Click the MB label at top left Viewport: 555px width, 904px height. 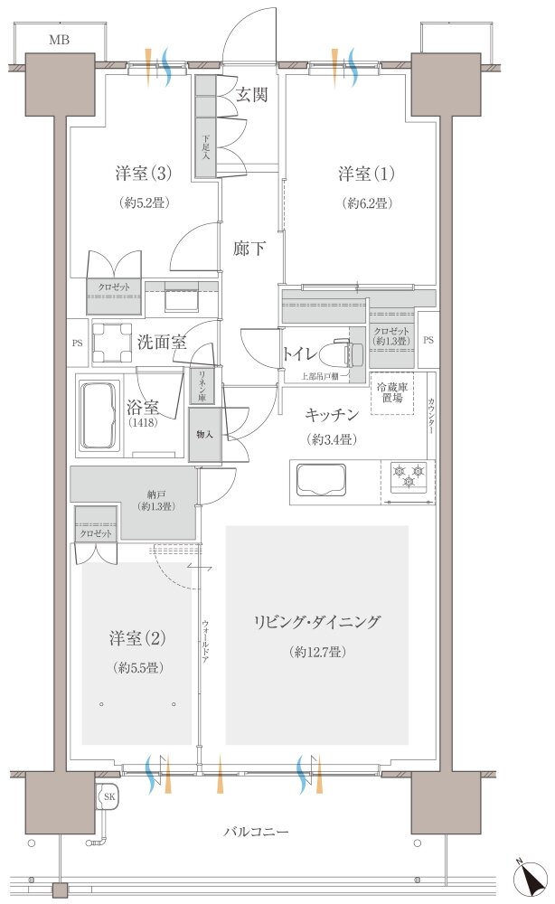click(61, 40)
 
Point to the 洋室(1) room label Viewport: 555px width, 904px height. click(367, 173)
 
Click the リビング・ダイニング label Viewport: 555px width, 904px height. click(317, 622)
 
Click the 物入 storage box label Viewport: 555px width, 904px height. click(203, 434)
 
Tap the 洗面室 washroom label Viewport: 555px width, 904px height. click(162, 342)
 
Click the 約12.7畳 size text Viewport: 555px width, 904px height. click(317, 652)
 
